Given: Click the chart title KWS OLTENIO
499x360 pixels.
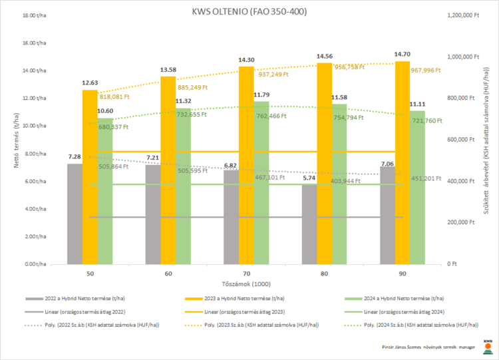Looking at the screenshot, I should click(249, 11).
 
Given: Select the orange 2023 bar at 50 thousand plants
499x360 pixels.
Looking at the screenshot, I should click(90, 176).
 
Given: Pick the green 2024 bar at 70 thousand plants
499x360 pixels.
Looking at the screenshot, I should click(261, 183).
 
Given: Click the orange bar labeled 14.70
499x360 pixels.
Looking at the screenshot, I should click(403, 163).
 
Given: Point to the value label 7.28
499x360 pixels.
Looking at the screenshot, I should click(74, 157).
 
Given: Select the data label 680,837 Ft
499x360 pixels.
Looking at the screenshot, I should click(112, 126).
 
